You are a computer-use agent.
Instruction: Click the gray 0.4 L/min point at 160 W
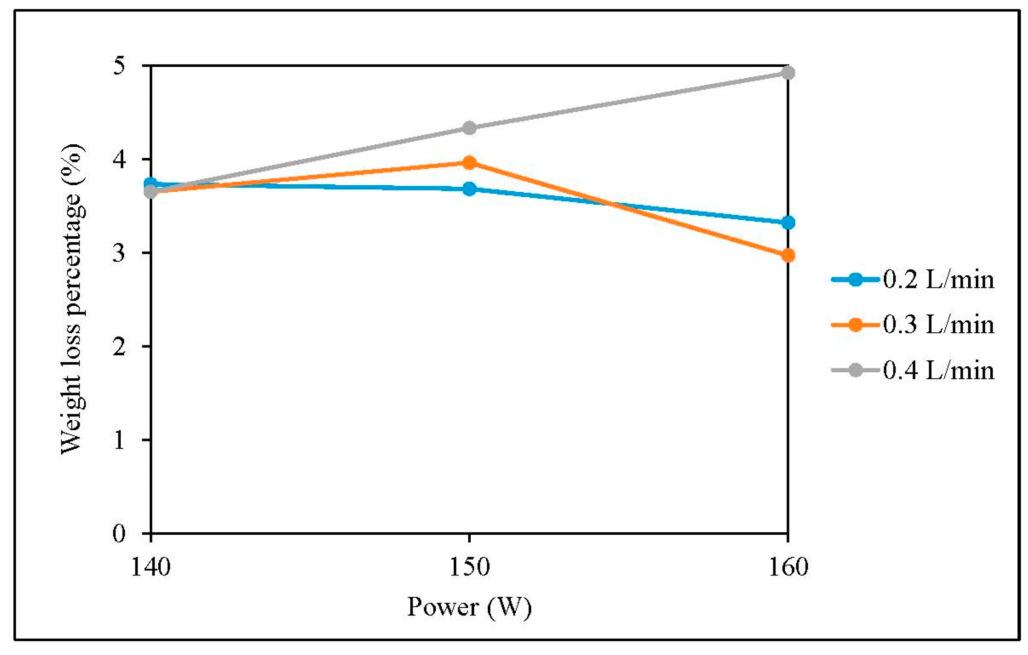coord(788,73)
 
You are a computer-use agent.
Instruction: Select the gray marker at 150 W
coord(469,128)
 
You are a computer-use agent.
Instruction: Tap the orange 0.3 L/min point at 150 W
coord(469,162)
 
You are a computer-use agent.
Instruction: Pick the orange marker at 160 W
coord(788,256)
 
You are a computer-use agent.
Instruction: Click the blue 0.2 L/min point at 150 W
coord(469,189)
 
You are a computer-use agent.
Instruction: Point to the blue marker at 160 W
coord(788,222)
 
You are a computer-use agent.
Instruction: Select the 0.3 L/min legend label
coord(938,325)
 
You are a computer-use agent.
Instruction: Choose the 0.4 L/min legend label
coord(938,370)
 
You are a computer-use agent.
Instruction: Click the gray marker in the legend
coord(855,370)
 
